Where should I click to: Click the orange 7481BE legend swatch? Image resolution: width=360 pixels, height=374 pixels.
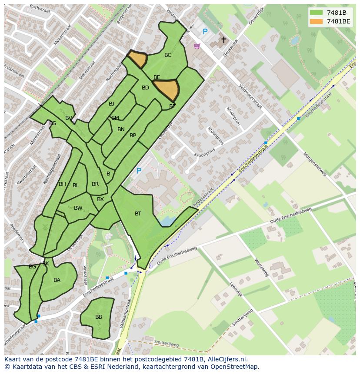[316, 21]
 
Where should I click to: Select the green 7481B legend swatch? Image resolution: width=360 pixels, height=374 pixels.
[316, 13]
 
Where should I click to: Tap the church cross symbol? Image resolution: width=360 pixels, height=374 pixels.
[223, 40]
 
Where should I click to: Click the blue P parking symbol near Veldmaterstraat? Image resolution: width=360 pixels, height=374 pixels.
[205, 32]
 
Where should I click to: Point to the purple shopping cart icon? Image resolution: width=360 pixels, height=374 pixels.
[197, 46]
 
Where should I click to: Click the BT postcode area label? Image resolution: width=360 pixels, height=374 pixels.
[138, 213]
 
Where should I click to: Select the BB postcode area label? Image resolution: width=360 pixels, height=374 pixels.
[99, 317]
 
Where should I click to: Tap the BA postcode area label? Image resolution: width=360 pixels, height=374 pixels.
[57, 280]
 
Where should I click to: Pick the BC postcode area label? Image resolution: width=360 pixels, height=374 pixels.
[168, 55]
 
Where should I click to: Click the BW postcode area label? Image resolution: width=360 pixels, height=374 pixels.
[78, 208]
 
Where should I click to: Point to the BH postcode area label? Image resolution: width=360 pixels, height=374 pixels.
[62, 184]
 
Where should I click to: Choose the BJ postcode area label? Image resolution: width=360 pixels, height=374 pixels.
[111, 103]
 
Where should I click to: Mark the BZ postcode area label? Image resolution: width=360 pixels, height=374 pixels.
[173, 106]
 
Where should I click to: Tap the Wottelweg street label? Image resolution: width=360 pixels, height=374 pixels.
[262, 268]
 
